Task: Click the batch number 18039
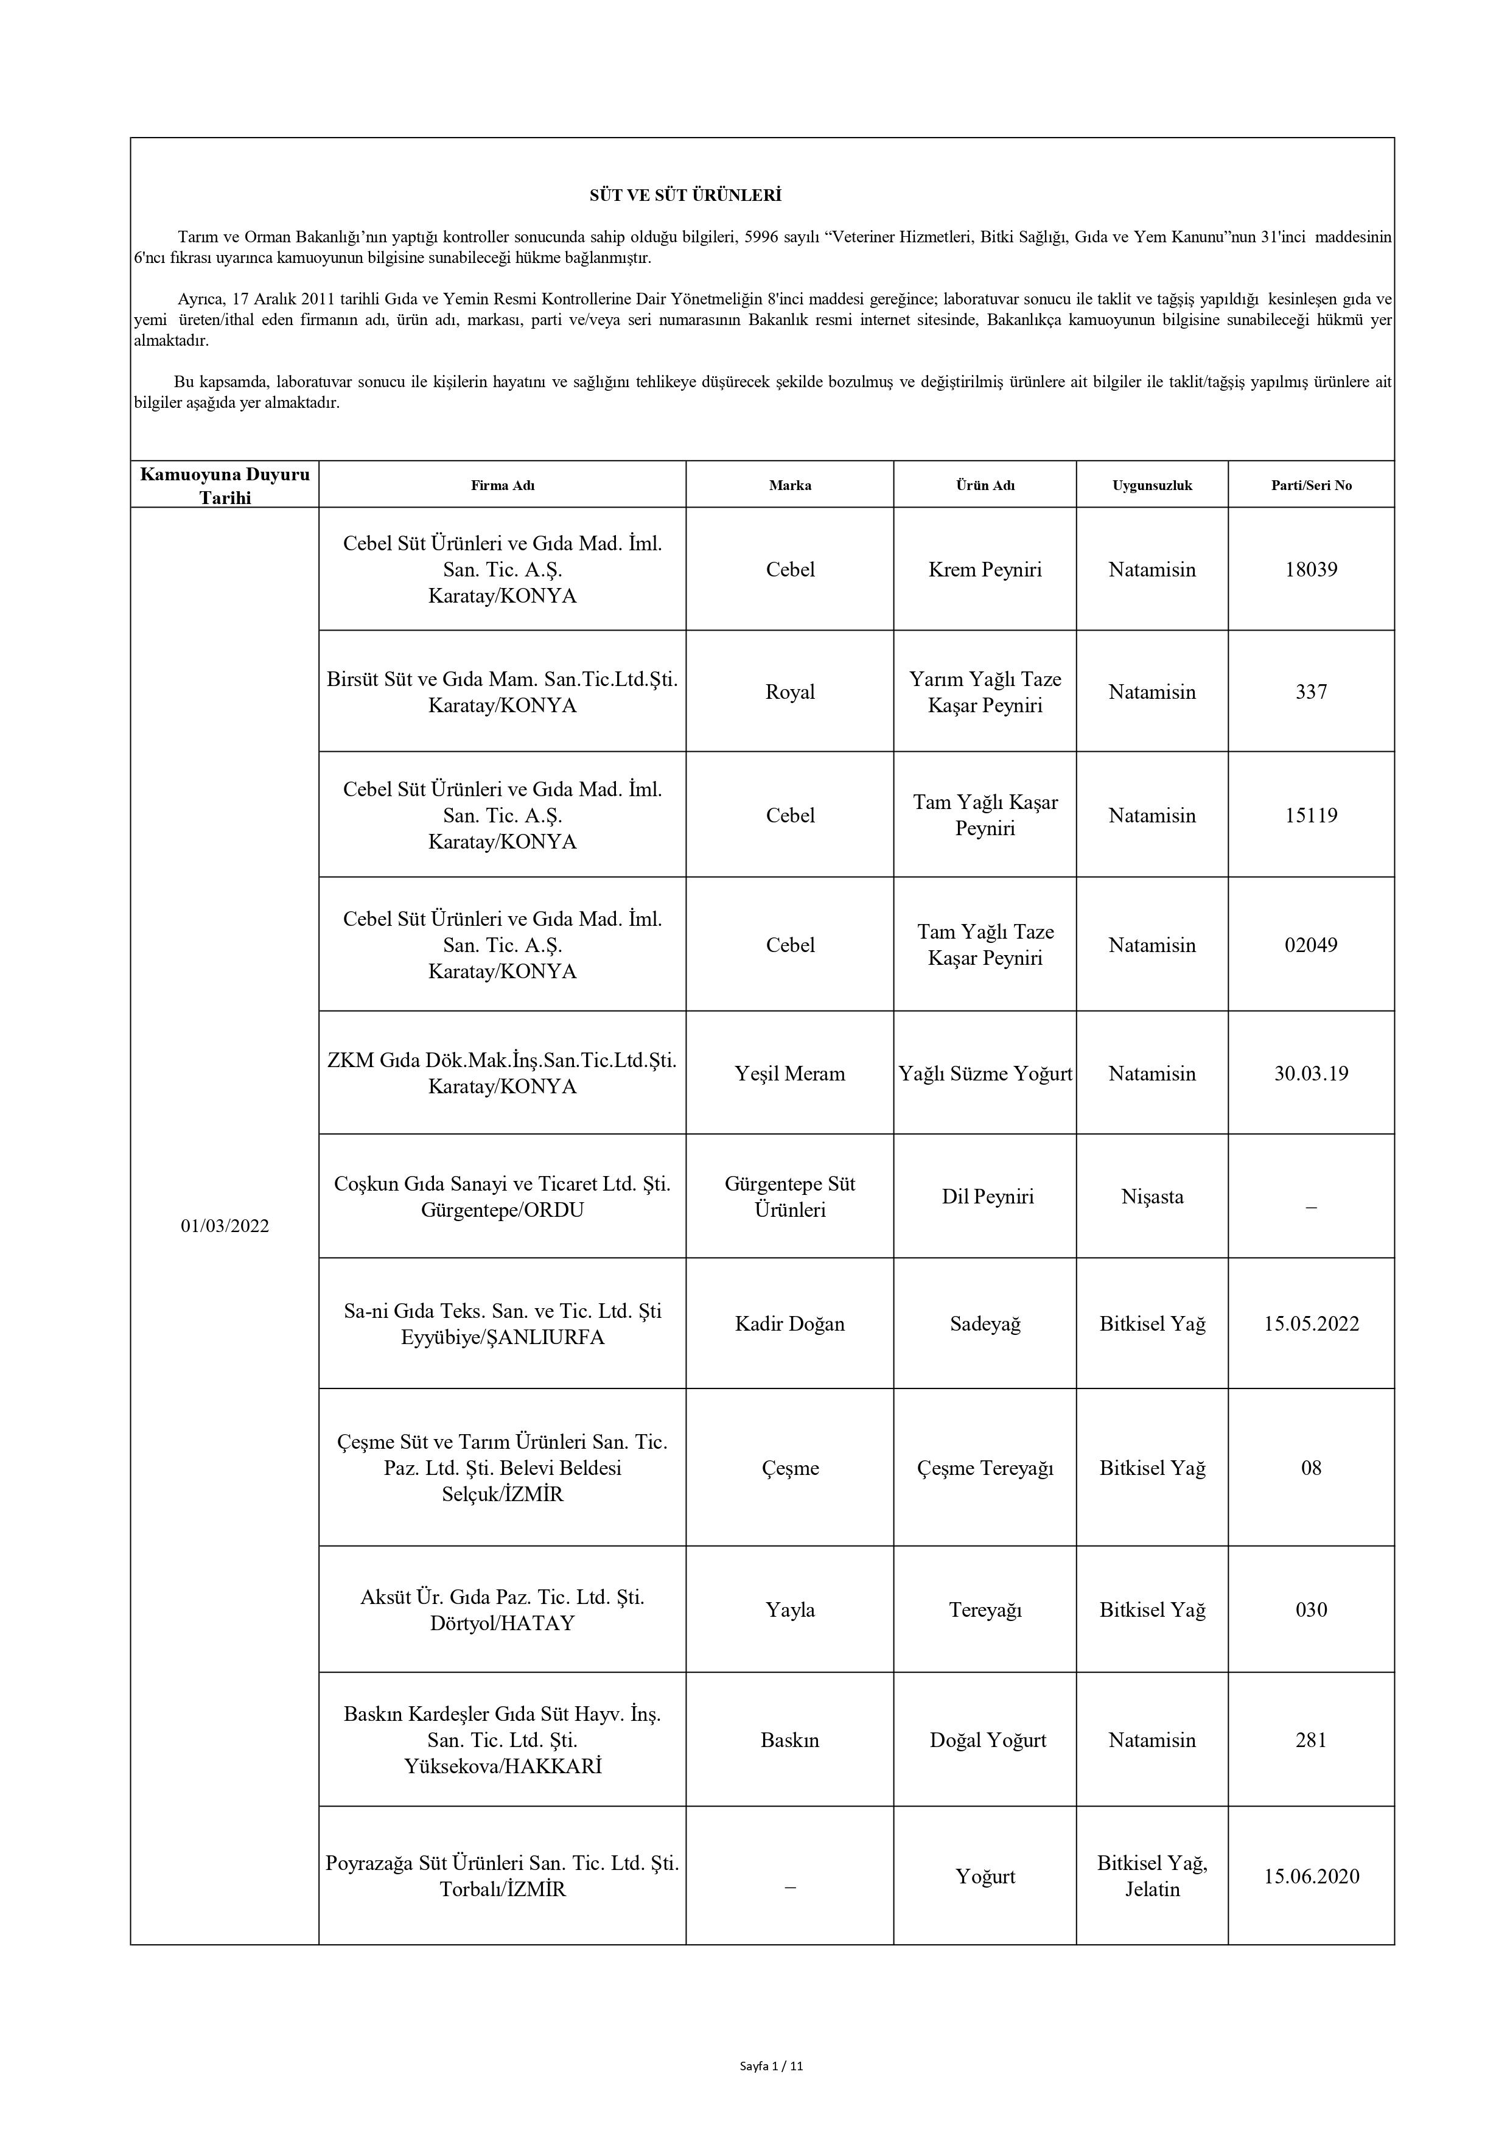(x=1311, y=569)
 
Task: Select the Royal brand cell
(x=790, y=692)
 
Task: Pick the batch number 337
(x=1311, y=692)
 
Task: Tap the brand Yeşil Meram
(x=790, y=1074)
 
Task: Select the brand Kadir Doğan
(x=790, y=1324)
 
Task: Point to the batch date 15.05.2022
(x=1311, y=1324)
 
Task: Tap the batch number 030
(x=1311, y=1609)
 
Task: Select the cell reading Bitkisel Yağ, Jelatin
(x=1152, y=1877)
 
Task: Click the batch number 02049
(x=1311, y=945)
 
